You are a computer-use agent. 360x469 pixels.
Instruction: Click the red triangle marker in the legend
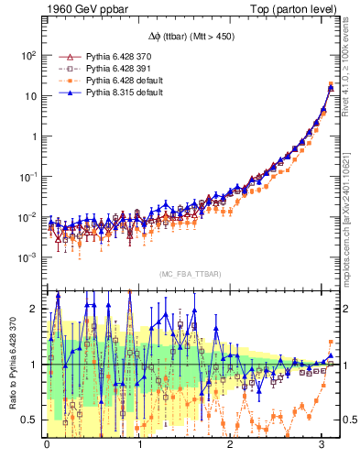(x=65, y=58)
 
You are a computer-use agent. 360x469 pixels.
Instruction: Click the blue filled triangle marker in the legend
(x=65, y=93)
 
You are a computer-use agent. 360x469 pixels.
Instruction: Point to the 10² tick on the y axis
(x=28, y=55)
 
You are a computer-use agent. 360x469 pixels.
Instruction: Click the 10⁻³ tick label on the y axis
(x=28, y=257)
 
